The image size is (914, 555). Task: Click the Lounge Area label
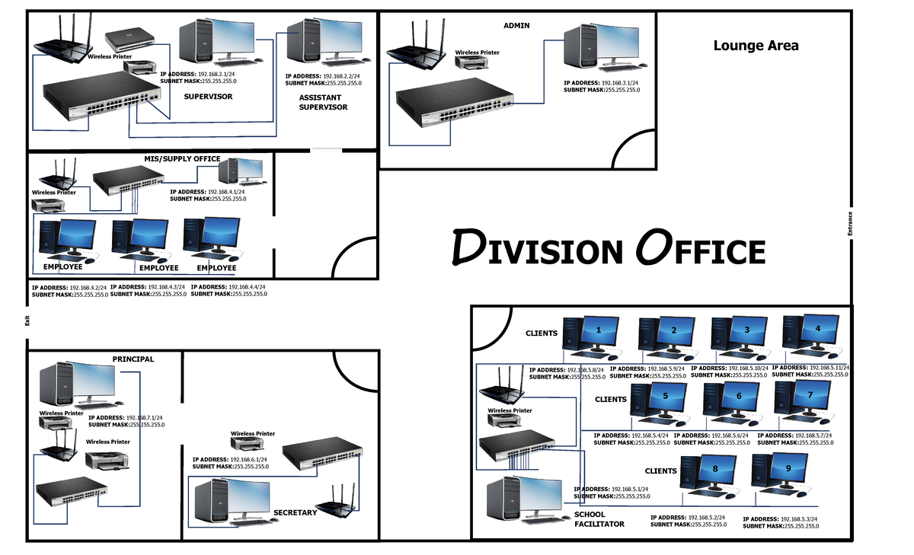(756, 46)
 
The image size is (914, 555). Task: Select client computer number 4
(813, 335)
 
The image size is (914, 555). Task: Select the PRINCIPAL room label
(133, 359)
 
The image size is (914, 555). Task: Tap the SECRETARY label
(295, 513)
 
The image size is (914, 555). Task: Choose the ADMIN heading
(516, 26)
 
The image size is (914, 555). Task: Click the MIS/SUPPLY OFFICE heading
(182, 159)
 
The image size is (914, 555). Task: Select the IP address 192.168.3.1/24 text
(602, 83)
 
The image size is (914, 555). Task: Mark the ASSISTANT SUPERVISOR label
(323, 103)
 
